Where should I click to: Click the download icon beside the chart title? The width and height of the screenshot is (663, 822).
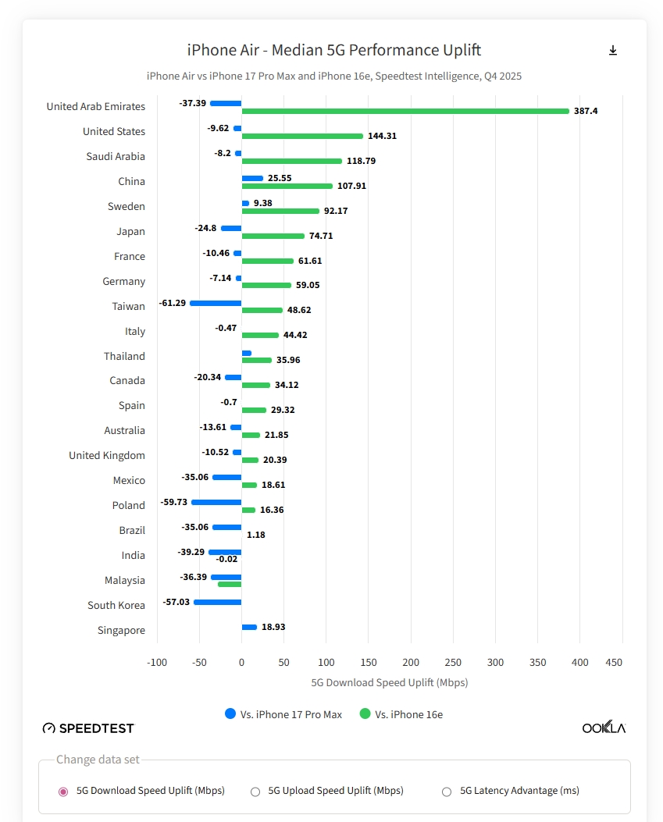point(613,51)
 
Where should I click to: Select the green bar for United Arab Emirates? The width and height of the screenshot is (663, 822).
point(405,111)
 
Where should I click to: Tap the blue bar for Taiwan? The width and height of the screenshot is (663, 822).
point(216,303)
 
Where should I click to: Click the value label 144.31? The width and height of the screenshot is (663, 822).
point(382,136)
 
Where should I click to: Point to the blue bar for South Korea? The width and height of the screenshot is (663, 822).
point(217,602)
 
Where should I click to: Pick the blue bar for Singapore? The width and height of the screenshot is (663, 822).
point(249,627)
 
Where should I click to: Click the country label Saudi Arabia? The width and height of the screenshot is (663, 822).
point(116,156)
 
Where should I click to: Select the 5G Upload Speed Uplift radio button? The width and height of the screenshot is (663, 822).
point(255,791)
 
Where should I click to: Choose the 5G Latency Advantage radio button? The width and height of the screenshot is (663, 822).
point(447,791)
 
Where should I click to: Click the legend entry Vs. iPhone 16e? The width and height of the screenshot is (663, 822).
point(401,714)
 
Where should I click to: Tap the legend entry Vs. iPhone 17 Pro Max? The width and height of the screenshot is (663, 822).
point(283,714)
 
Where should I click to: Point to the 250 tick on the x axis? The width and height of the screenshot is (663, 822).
point(453,662)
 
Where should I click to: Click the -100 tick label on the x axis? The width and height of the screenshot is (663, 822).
point(157,662)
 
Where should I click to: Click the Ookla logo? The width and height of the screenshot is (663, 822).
point(604,728)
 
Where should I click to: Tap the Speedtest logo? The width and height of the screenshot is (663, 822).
point(88,728)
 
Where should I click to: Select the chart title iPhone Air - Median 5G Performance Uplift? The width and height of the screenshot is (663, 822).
point(334,50)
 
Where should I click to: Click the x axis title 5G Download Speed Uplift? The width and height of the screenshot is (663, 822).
point(389,682)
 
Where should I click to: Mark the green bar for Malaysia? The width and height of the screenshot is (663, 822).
point(230,584)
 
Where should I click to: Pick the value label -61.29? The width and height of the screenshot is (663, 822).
point(172,303)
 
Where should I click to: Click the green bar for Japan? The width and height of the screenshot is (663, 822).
point(273,236)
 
